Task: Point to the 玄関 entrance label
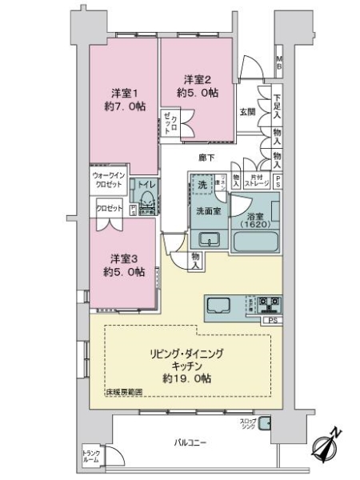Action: (246, 113)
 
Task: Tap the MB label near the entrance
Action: (278, 62)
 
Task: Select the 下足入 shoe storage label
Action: (276, 99)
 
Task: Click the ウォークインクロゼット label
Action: (106, 180)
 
